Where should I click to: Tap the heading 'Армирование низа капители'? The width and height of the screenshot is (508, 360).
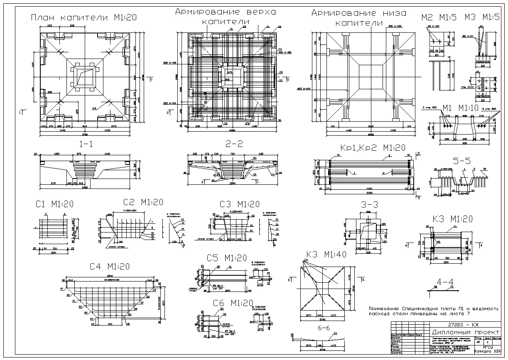(359, 18)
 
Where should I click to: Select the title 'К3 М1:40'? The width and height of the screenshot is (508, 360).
(326, 255)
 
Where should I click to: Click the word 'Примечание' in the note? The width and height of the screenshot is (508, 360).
(385, 309)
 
